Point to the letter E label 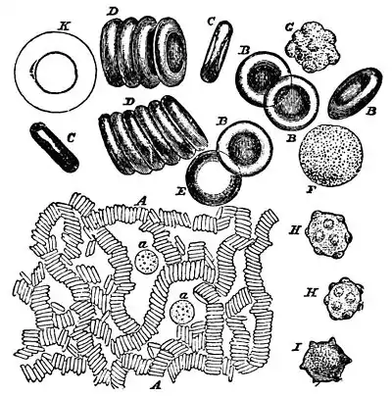point(180,192)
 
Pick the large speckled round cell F point(330,155)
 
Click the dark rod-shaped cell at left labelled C point(54,146)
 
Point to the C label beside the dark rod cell point(70,138)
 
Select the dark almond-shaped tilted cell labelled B point(354,94)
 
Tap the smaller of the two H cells point(343,298)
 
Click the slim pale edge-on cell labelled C point(217,52)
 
